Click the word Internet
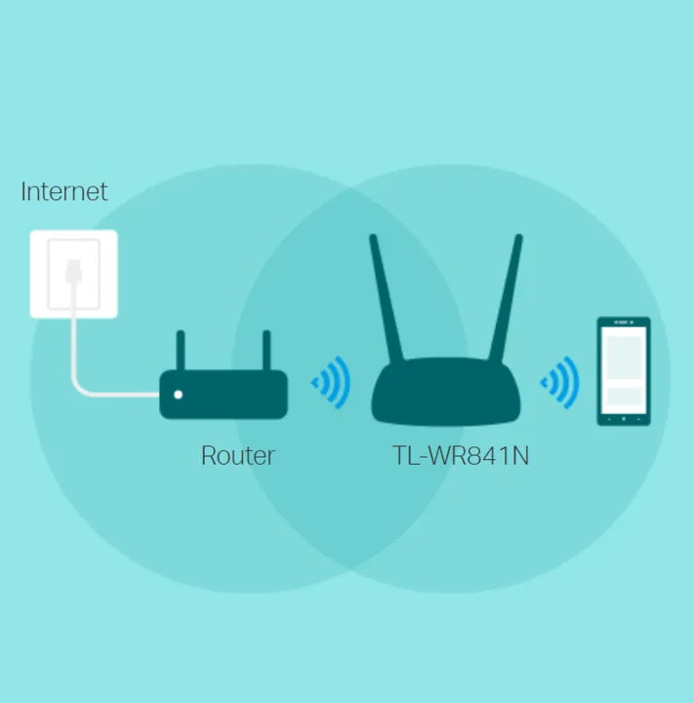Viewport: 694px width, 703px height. click(x=64, y=192)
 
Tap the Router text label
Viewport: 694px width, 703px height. click(x=237, y=456)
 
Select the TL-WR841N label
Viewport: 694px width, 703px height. click(x=461, y=456)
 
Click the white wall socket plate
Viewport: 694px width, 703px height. click(x=74, y=274)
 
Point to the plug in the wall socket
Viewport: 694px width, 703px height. click(x=73, y=271)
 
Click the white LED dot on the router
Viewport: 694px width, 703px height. click(x=178, y=394)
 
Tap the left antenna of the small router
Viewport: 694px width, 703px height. click(x=181, y=351)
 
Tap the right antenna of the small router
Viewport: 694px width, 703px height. click(x=266, y=351)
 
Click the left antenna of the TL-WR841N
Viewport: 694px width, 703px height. click(x=386, y=297)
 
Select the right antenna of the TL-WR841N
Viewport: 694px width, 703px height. click(x=506, y=297)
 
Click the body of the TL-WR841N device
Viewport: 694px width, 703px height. click(x=446, y=392)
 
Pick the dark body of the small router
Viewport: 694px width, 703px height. click(x=224, y=394)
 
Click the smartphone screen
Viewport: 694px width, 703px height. click(x=624, y=370)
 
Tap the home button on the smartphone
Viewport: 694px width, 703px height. click(x=624, y=419)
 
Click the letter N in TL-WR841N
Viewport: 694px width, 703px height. click(x=520, y=456)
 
